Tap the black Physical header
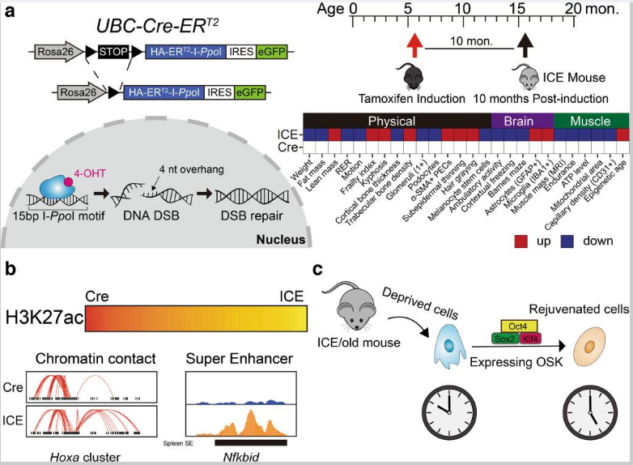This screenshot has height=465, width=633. coord(397,121)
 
